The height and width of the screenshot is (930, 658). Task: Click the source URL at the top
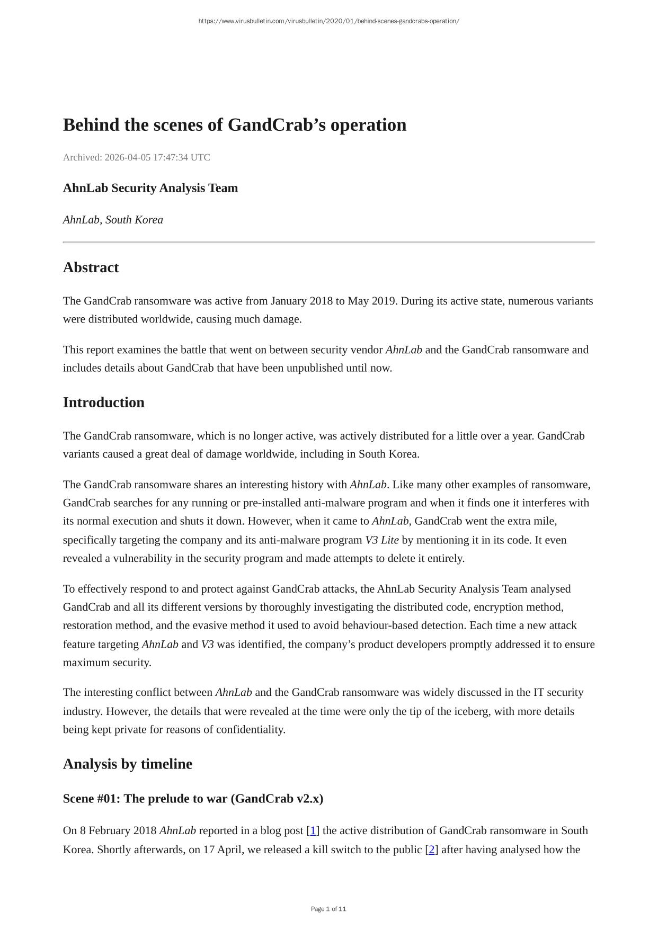click(x=328, y=21)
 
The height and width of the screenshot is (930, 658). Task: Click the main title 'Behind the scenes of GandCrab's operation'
click(x=235, y=125)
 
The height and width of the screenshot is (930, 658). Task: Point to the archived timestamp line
click(x=136, y=157)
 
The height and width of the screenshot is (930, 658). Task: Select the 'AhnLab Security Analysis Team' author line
click(x=150, y=188)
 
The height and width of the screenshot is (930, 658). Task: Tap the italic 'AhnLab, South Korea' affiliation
click(x=113, y=220)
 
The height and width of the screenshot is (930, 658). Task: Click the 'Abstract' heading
click(x=91, y=267)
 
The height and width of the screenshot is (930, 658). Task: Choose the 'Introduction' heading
click(x=103, y=403)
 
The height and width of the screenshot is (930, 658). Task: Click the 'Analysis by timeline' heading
click(x=127, y=764)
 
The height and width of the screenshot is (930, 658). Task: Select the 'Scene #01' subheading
click(x=193, y=799)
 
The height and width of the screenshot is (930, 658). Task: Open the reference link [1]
click(x=313, y=830)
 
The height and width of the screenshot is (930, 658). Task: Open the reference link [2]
click(x=432, y=849)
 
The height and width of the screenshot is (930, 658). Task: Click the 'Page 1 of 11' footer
click(x=328, y=909)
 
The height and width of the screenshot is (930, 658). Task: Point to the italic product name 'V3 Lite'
click(x=381, y=540)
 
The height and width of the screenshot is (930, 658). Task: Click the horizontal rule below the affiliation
click(x=328, y=242)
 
